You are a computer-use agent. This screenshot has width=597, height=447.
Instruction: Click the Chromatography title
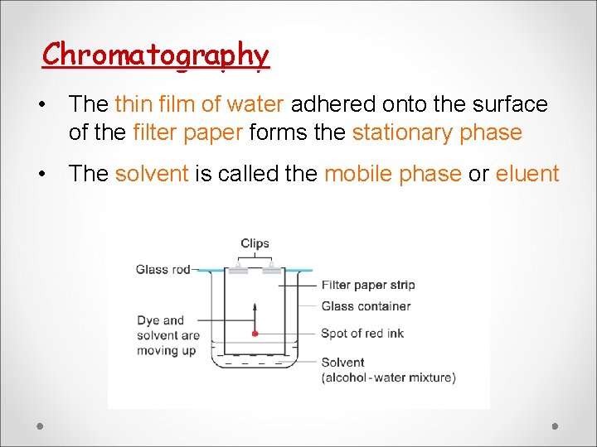(156, 55)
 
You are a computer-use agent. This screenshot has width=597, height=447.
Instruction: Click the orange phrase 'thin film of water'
(200, 104)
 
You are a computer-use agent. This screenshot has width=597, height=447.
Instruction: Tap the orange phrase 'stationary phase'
(437, 132)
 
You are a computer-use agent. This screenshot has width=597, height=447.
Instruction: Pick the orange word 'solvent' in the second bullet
(152, 174)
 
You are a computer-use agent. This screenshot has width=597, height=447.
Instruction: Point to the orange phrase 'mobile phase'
(392, 174)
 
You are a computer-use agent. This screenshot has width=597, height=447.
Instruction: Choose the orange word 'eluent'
(527, 174)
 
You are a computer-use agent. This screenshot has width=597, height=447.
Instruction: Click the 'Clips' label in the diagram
(255, 243)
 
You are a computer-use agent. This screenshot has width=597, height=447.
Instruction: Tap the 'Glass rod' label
(163, 269)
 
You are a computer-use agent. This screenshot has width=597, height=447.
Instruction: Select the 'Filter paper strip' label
(367, 285)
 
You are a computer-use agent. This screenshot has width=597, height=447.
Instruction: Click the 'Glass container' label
(366, 305)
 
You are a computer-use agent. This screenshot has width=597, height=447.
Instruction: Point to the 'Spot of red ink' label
(362, 333)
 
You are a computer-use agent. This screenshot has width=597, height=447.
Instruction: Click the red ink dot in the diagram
(255, 334)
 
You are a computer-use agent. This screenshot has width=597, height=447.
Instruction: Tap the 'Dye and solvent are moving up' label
(168, 334)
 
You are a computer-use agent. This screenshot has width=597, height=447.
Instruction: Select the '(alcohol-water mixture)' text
(388, 377)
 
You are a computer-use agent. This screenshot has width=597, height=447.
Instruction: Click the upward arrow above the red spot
(255, 315)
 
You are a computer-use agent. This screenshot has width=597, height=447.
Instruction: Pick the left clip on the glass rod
(237, 270)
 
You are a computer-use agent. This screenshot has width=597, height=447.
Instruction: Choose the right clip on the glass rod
(271, 270)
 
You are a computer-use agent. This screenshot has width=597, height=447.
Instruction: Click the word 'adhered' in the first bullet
(332, 104)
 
